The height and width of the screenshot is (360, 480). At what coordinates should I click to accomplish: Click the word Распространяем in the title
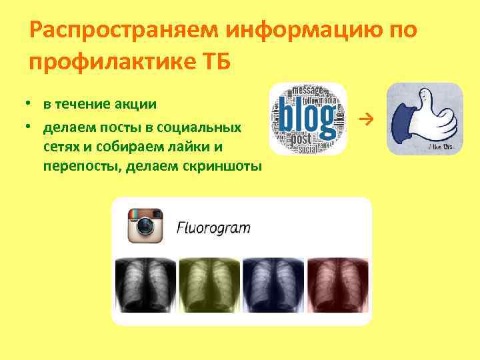125,31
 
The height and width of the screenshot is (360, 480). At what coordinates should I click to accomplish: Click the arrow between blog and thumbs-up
363,119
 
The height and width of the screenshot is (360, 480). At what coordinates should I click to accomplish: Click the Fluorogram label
213,227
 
